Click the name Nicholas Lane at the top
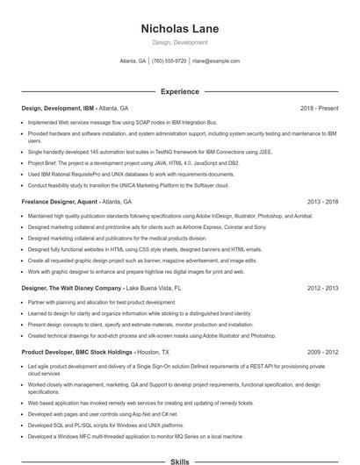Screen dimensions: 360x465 179,29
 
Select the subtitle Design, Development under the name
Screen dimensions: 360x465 179,43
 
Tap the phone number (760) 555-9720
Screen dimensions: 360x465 169,61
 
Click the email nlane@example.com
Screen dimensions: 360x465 216,61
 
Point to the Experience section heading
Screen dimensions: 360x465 179,91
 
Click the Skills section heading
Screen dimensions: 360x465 179,461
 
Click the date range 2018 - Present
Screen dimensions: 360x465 319,108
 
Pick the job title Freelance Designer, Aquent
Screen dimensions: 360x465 60,201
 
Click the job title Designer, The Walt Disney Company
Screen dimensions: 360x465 71,287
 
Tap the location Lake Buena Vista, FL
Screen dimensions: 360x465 154,287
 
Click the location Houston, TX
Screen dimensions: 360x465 156,351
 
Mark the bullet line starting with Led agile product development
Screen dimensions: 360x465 176,365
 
